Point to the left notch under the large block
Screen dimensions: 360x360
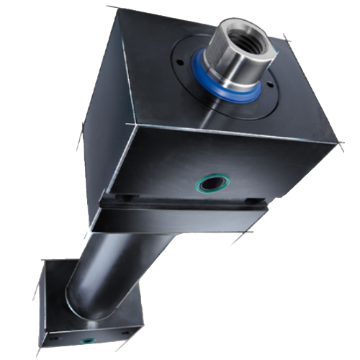(x=125, y=197)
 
